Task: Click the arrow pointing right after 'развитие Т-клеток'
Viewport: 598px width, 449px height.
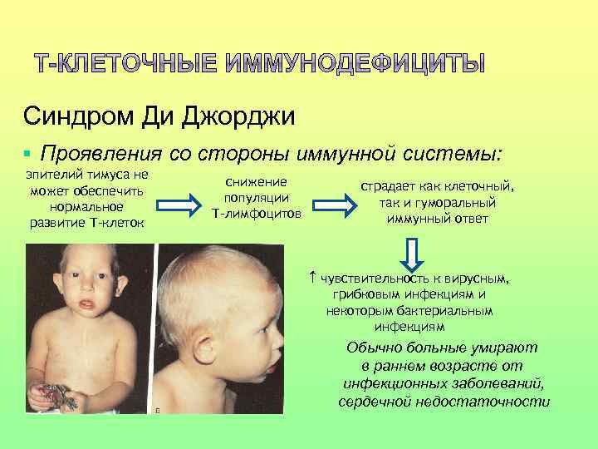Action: tap(177, 202)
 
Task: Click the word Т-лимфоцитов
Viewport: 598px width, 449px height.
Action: tap(257, 215)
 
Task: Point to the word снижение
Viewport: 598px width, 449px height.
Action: tap(257, 181)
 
